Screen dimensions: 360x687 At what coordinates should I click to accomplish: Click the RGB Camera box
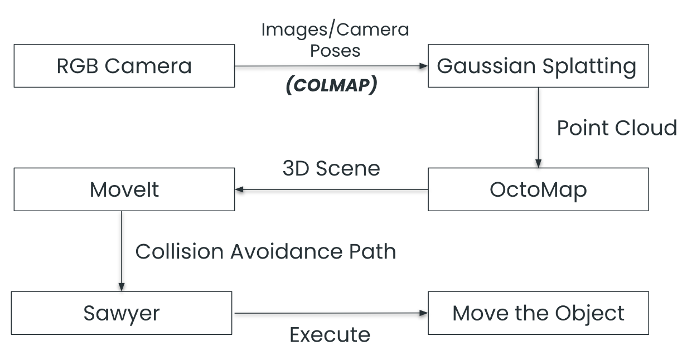(x=124, y=66)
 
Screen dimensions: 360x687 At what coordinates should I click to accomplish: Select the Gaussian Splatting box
(x=538, y=66)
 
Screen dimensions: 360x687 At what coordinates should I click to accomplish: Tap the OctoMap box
(x=538, y=190)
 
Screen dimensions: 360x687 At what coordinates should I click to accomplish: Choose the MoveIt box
(x=124, y=190)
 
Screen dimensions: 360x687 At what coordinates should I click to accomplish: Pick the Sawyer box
(x=122, y=313)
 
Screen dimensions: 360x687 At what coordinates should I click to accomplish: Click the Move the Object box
(x=538, y=313)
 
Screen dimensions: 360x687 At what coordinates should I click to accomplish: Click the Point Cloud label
(x=616, y=128)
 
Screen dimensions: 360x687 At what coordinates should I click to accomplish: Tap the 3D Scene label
(x=331, y=168)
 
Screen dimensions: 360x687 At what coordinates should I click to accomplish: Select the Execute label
(x=330, y=335)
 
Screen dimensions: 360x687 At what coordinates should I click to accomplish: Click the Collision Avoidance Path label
(x=265, y=251)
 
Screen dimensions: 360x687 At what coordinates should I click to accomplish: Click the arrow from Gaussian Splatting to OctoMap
(x=538, y=128)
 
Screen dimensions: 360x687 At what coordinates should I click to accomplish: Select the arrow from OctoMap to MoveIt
(x=331, y=190)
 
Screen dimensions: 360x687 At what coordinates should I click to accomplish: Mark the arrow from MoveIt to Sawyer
(x=121, y=251)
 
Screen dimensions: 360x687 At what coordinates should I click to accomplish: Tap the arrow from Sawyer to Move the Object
(x=330, y=313)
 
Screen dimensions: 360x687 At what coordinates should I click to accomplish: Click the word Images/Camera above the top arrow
(x=335, y=30)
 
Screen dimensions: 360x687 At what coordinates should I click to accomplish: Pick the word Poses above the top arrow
(x=335, y=50)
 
